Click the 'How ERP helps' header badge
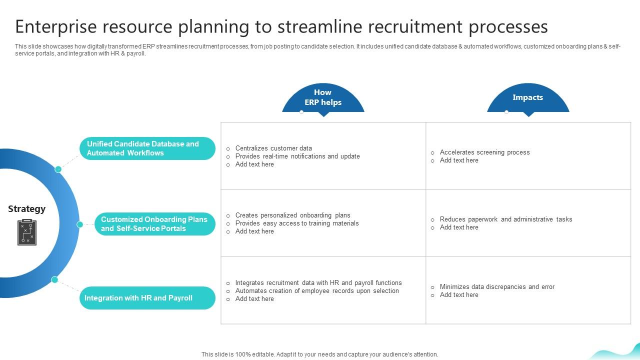click(323, 98)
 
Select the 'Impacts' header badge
click(527, 98)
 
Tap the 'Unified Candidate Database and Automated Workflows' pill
click(147, 148)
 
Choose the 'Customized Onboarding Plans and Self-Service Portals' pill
click(154, 224)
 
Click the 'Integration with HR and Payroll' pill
click(147, 298)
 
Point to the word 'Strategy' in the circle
click(26, 209)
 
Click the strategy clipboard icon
click(27, 232)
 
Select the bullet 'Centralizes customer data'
click(273, 148)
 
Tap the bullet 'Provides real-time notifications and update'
click(297, 156)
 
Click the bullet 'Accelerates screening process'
click(484, 152)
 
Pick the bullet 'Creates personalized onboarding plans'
click(292, 215)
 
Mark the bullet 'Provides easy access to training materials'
click(297, 223)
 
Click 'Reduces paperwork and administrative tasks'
click(505, 219)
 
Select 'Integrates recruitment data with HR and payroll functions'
click(318, 283)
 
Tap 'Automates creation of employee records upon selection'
click(317, 291)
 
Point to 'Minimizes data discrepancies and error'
click(497, 287)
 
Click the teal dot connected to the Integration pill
click(54, 279)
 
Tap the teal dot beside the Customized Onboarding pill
click(79, 224)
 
